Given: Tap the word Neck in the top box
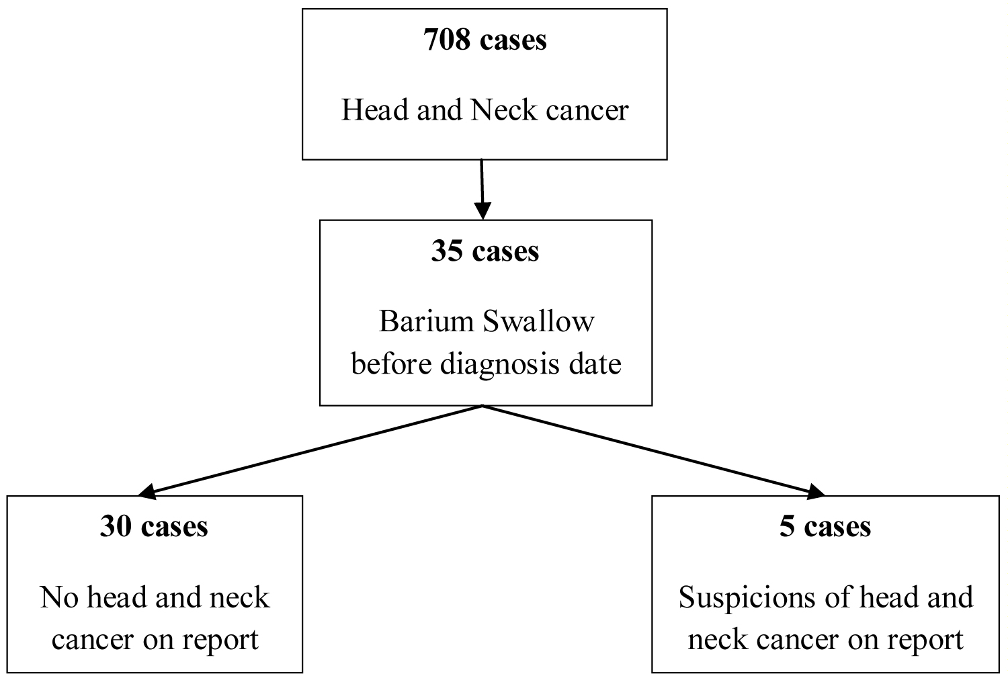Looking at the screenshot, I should click(x=504, y=110).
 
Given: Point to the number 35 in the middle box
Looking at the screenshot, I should click(x=448, y=251).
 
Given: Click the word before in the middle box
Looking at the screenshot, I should click(x=392, y=364).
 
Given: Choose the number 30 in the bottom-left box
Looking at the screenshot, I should click(x=115, y=526).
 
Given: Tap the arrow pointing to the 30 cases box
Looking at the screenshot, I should click(x=309, y=450).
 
